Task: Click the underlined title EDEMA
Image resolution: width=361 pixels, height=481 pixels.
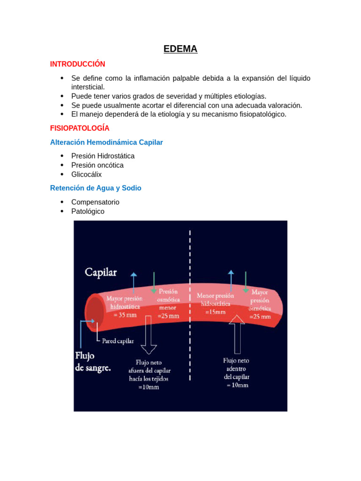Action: (x=180, y=49)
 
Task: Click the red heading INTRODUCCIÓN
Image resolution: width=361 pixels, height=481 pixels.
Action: (x=78, y=64)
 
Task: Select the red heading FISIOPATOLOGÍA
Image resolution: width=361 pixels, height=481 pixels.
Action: (x=79, y=128)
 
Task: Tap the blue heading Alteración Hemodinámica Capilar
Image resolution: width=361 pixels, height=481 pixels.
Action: (x=106, y=142)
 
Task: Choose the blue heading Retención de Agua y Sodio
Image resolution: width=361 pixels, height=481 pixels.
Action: (x=95, y=188)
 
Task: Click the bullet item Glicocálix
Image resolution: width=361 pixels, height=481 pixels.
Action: (x=86, y=174)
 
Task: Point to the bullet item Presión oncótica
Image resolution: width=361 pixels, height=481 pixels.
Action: (x=97, y=165)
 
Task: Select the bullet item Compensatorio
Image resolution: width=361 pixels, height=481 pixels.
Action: (x=95, y=202)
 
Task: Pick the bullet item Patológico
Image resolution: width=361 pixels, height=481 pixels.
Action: (x=88, y=211)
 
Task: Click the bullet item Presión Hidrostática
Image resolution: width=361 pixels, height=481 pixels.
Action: (x=103, y=156)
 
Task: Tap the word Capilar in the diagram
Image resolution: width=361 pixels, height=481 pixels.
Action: (x=101, y=272)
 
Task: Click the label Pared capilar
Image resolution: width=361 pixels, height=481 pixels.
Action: (x=118, y=341)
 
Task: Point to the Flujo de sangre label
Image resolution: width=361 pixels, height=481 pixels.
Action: (x=93, y=362)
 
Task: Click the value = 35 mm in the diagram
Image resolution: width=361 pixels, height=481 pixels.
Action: (x=125, y=315)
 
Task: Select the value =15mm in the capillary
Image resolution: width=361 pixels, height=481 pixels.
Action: (x=215, y=311)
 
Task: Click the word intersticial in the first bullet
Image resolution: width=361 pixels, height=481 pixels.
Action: (x=88, y=87)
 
